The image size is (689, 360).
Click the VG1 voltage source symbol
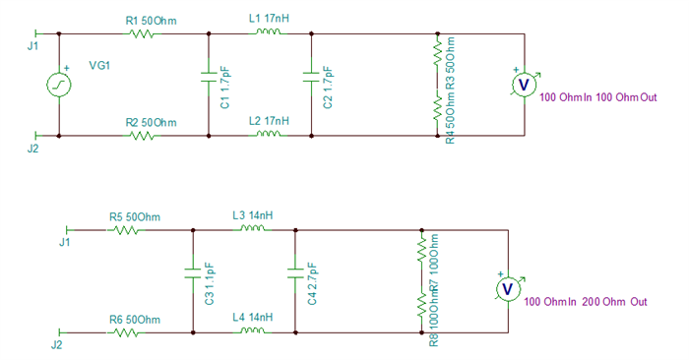(x=60, y=86)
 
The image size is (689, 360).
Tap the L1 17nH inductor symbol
(x=269, y=34)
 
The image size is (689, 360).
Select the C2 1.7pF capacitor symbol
(x=311, y=75)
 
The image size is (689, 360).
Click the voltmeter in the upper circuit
(x=524, y=86)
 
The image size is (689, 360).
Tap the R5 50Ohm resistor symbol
(x=126, y=231)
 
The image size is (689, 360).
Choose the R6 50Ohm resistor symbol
(x=126, y=333)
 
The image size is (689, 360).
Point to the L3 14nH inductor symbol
(x=253, y=231)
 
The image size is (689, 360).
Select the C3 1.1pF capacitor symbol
(x=193, y=271)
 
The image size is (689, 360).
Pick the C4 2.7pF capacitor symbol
(x=294, y=271)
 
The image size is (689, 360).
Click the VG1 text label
(x=99, y=66)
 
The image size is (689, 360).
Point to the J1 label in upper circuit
(x=32, y=47)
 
